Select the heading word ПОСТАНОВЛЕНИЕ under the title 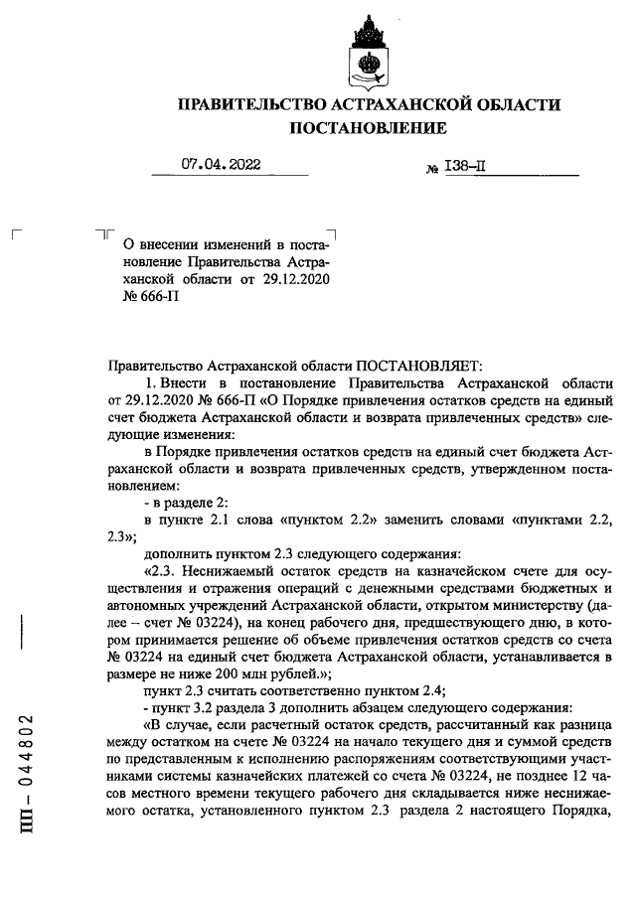tap(368, 128)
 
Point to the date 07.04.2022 tap(222, 167)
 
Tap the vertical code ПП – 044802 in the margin tap(32, 776)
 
